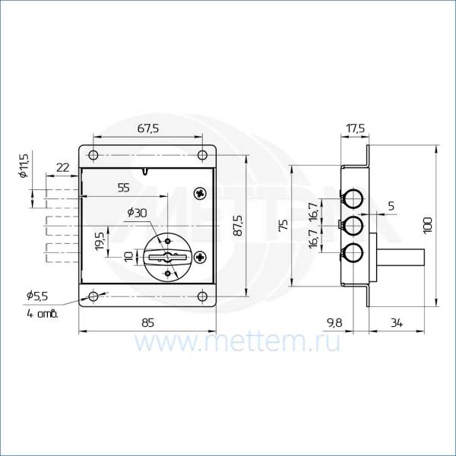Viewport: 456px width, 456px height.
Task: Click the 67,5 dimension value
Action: [x=148, y=128]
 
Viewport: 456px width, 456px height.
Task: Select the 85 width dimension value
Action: [x=147, y=323]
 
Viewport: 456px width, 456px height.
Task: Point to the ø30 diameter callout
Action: [x=137, y=213]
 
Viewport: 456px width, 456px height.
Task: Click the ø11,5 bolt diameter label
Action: [x=24, y=166]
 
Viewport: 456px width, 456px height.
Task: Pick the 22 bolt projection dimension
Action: [x=63, y=168]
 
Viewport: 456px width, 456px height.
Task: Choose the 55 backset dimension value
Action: [x=124, y=188]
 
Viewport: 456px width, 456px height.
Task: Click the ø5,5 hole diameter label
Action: [x=37, y=296]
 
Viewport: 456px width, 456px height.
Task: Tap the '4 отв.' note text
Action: [x=43, y=314]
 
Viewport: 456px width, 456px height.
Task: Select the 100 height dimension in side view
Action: [x=428, y=224]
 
